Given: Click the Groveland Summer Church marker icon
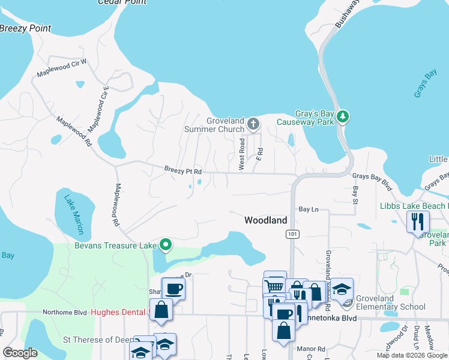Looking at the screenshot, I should (x=253, y=124).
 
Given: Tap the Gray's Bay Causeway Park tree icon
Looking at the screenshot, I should (x=342, y=116).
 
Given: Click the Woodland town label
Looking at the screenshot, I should (x=265, y=220).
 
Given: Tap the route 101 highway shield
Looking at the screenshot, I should (x=292, y=233).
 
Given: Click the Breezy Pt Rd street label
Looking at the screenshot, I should (x=182, y=170).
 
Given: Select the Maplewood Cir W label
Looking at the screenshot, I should (x=62, y=67).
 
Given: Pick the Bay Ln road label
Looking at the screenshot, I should (x=308, y=209).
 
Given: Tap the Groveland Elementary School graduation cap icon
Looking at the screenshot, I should (x=342, y=289).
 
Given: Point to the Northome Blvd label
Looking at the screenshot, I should (x=65, y=312).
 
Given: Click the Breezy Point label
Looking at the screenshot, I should (x=25, y=28).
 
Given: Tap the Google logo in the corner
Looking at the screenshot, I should (x=20, y=353).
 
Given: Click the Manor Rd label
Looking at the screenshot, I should (x=313, y=349).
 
